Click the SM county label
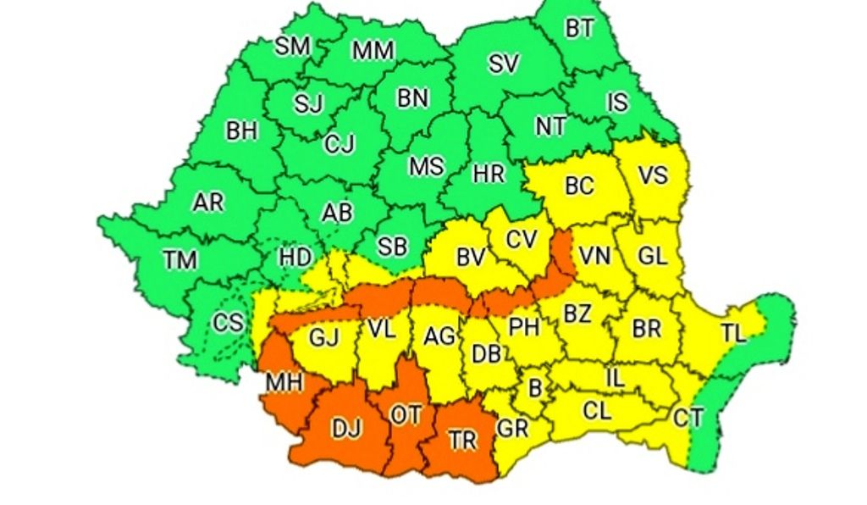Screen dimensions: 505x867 point(292,46)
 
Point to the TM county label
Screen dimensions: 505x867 point(179,260)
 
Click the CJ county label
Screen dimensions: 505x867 point(339,145)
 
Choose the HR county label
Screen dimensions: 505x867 point(489,174)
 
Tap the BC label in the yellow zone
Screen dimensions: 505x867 point(579,186)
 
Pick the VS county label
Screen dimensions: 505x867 point(653,175)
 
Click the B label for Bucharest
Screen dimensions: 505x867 point(534,388)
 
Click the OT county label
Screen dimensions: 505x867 point(405,414)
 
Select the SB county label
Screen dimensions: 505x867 point(392,247)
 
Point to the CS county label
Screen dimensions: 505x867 point(228,322)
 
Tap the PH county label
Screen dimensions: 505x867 point(524,326)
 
